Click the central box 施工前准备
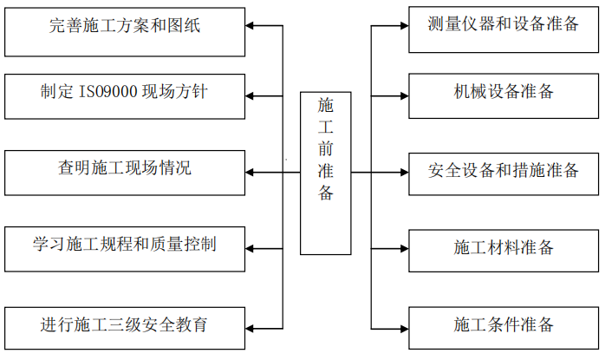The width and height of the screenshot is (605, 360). (x=325, y=173)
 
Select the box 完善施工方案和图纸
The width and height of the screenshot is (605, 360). (x=125, y=27)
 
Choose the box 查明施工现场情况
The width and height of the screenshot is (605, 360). (x=125, y=172)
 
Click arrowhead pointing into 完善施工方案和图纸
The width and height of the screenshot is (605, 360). (x=252, y=27)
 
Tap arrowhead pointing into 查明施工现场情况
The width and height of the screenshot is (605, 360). (x=252, y=172)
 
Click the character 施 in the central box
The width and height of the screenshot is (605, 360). (x=325, y=106)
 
